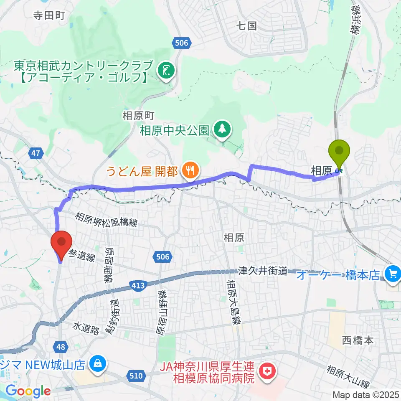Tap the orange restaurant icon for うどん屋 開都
coord(190,170)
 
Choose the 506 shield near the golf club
coord(181,43)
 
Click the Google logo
coord(28,391)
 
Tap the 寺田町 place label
coord(49,16)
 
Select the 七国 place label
coord(246,26)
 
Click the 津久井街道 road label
coord(263,271)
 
